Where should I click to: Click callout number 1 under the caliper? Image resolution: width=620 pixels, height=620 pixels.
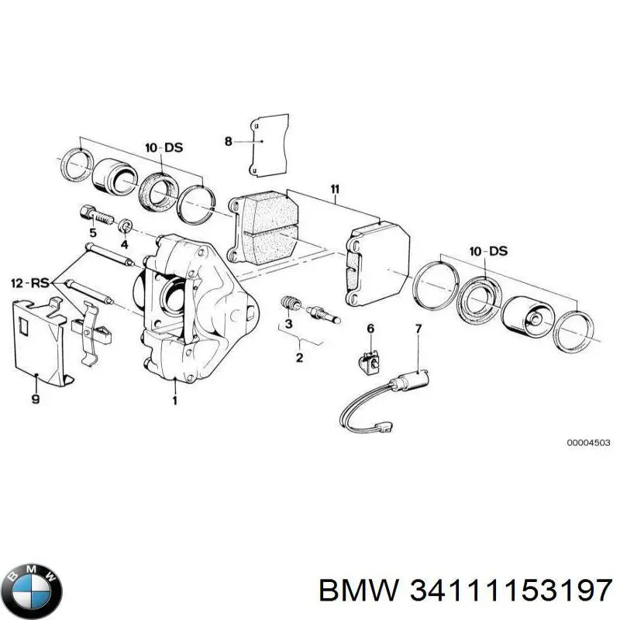point(175,401)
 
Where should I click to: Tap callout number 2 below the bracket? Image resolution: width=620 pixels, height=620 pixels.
point(299,357)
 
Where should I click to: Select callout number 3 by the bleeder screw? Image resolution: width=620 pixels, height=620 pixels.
point(288,324)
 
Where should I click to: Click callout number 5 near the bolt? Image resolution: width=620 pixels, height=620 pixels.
point(92,233)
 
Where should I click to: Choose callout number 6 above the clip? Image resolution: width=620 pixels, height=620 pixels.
point(370,329)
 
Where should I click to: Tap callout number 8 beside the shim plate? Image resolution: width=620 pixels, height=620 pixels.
point(228,141)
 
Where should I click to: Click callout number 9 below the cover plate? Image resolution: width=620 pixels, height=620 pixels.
point(36,400)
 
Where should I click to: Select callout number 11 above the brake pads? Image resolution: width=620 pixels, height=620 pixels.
point(334,188)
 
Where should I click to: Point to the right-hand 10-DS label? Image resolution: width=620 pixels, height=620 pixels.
point(487,251)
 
